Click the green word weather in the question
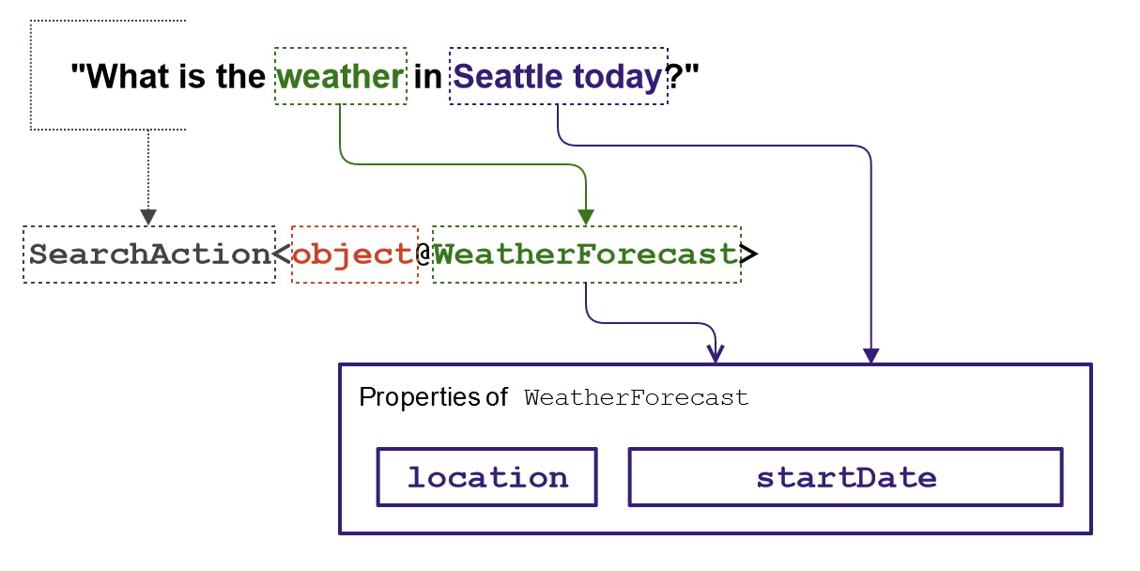tap(341, 77)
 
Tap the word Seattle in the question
tap(508, 77)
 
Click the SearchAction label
tap(149, 254)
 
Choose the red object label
tap(354, 255)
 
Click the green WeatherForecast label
tap(586, 254)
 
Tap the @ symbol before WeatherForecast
tap(424, 254)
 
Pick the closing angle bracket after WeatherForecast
tap(748, 254)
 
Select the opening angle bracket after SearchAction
tap(282, 254)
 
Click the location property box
tap(487, 477)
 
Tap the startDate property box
tap(846, 477)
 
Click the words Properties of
tap(433, 397)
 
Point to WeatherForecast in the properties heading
tap(636, 397)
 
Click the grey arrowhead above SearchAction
tap(148, 217)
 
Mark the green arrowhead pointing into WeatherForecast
tap(586, 217)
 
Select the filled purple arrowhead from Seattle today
tap(871, 356)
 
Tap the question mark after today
tap(674, 77)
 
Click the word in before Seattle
tap(427, 77)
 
